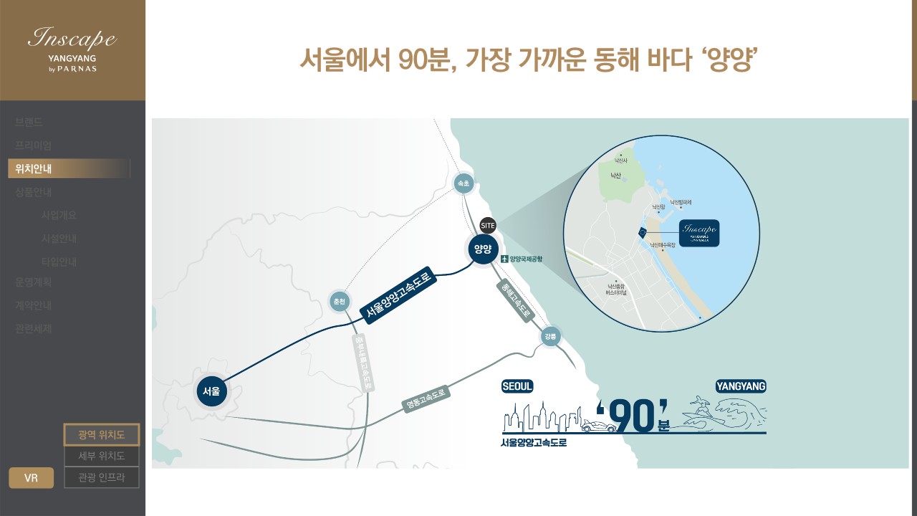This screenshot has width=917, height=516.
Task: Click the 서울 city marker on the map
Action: coord(211,391)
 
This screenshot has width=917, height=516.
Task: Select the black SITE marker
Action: coord(488,225)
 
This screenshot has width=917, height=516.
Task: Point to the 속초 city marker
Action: coord(464,184)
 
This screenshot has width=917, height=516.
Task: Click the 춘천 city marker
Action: coord(339,302)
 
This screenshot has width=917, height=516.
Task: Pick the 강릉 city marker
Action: coord(550,336)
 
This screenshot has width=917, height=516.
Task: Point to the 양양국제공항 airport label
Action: coord(522,259)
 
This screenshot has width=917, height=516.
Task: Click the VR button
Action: coord(31,478)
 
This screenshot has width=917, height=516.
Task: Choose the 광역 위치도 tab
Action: coord(101,434)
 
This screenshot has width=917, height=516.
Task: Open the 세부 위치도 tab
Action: coord(101,456)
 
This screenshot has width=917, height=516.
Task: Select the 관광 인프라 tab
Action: coord(101,477)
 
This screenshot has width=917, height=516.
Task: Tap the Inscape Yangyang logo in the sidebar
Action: coord(72,49)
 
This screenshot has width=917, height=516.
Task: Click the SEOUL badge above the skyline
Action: coord(517,386)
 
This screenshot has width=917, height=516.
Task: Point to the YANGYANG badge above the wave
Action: coord(741,386)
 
